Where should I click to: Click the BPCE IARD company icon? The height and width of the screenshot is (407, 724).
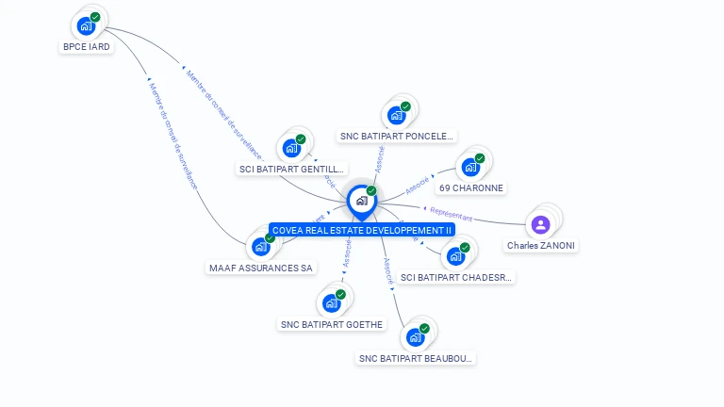[87, 25]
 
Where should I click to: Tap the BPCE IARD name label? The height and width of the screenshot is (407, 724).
[87, 46]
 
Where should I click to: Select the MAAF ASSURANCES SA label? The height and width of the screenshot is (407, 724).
[261, 268]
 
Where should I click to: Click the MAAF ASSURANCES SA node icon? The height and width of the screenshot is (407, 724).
[261, 247]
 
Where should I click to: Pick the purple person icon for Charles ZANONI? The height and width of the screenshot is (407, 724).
[540, 224]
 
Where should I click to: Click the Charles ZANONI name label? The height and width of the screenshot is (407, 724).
[541, 245]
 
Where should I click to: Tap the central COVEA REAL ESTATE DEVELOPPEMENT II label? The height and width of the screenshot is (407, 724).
[362, 230]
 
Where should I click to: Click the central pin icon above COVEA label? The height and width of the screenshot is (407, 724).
[361, 200]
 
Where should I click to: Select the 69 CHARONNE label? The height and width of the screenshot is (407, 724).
[471, 187]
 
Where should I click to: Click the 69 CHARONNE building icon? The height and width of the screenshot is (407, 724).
[470, 168]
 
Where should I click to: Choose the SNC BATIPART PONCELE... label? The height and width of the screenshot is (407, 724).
[397, 136]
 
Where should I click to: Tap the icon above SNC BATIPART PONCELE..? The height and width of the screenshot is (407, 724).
[397, 115]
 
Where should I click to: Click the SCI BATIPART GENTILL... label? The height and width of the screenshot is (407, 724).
[291, 169]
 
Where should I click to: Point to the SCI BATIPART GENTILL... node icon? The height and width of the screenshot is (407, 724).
[291, 148]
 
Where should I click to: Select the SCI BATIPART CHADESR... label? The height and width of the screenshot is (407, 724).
[456, 277]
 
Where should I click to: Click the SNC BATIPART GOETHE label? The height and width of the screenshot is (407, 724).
[332, 324]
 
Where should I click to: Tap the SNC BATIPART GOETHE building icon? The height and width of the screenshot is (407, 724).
[332, 302]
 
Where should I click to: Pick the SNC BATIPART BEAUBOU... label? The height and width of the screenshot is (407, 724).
[416, 358]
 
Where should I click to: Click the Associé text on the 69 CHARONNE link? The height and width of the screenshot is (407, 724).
[417, 185]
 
